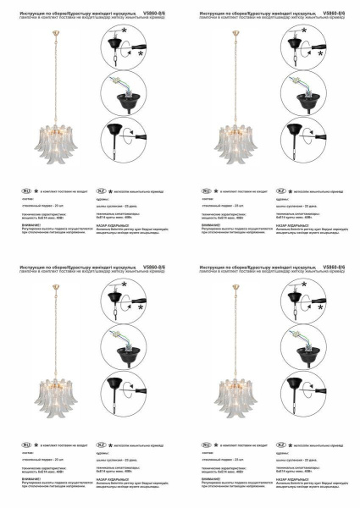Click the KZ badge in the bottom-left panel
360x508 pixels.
click(102, 445)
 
